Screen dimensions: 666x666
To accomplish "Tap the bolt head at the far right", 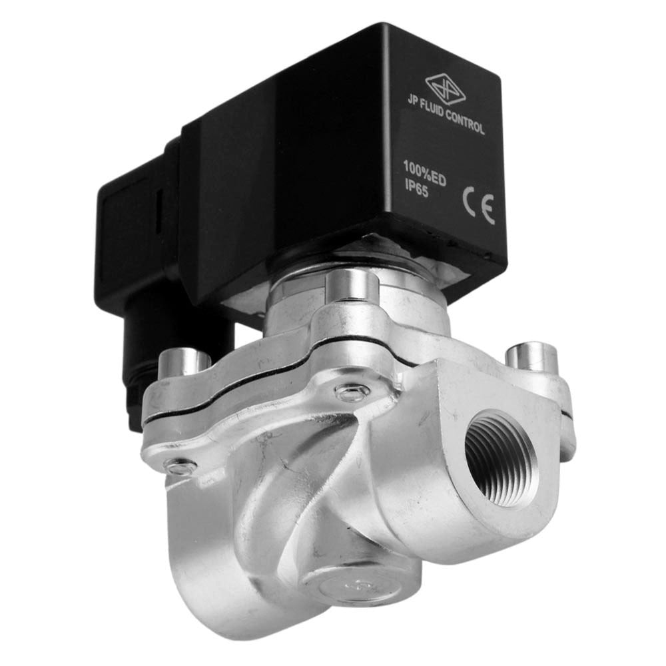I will coord(531,356).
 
